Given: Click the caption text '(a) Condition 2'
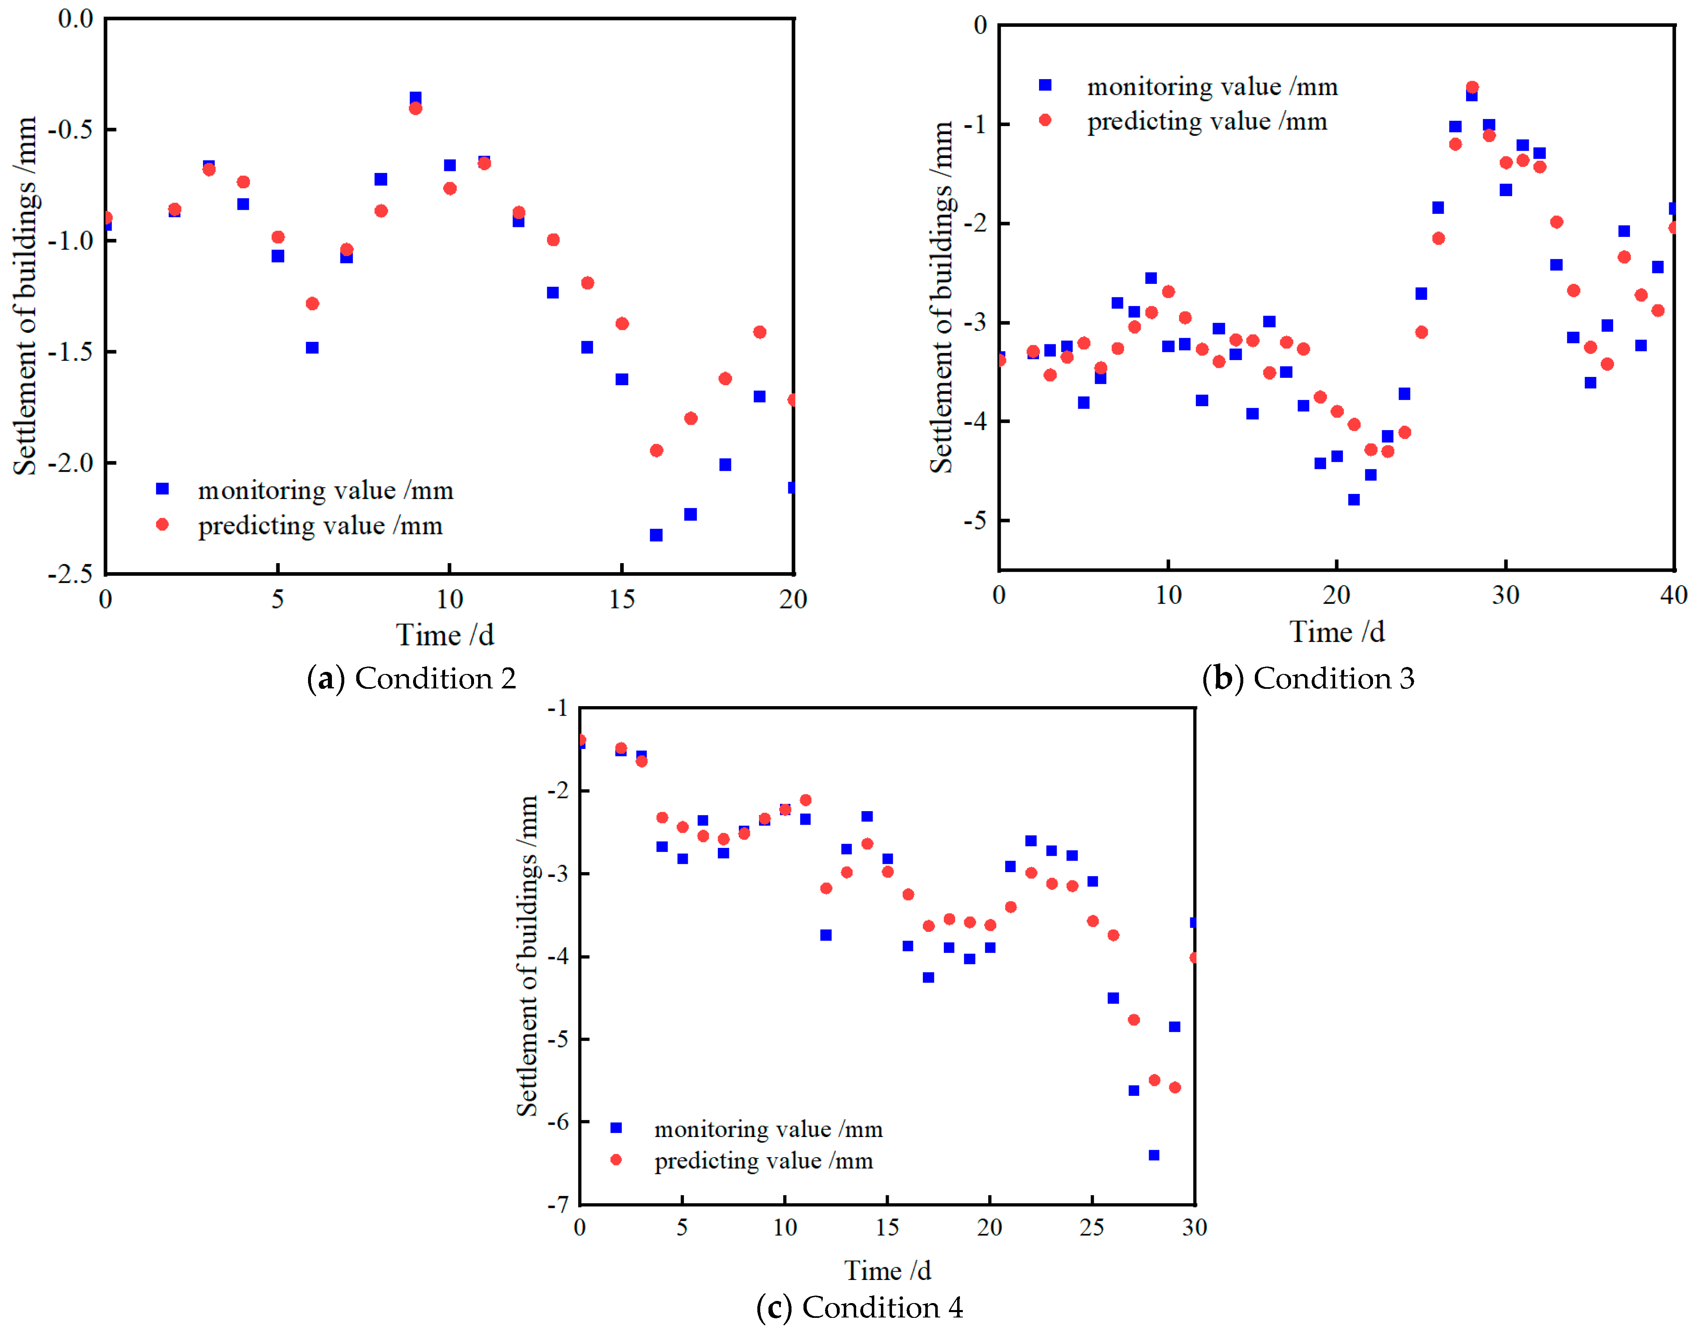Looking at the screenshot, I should point(411,678).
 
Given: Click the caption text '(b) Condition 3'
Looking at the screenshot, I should point(1308,678).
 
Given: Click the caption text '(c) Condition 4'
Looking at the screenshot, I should point(859,1307).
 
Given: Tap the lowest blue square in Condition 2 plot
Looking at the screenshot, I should point(656,535).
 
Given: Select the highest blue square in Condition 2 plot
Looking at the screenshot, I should point(415,98).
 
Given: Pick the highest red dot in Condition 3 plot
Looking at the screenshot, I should point(1472,88).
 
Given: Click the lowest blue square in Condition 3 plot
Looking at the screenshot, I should point(1354,499).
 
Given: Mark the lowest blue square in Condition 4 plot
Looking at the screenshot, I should point(1154,1154).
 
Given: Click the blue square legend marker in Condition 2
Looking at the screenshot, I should point(163,489).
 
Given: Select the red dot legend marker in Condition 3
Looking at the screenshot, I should point(1045,120).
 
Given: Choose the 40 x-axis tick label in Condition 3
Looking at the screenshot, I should point(1673,595).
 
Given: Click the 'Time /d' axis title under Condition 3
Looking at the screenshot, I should point(1336,632).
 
